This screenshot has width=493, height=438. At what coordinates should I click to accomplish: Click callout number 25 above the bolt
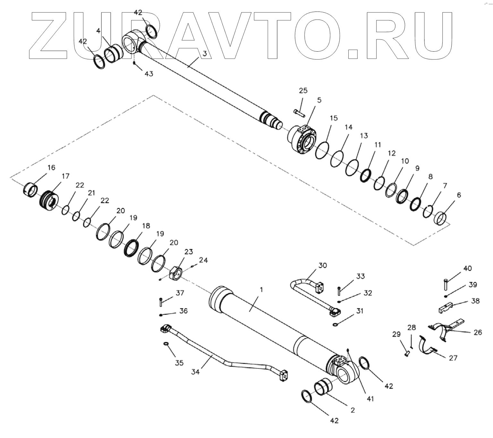pos(303,90)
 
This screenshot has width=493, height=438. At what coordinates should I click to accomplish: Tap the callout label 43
pos(149,74)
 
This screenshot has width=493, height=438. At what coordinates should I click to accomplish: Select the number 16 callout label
pos(51,167)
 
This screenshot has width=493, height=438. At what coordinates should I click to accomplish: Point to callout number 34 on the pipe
pos(195,372)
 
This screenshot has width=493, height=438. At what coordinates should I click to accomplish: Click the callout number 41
pos(370,399)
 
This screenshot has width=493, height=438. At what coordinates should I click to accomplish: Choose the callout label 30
pos(322,265)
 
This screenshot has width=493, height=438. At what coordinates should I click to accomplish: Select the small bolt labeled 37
pos(161,301)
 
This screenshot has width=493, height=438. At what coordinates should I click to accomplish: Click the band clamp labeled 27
pos(427,347)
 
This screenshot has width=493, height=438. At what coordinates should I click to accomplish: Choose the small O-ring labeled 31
pos(335,325)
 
